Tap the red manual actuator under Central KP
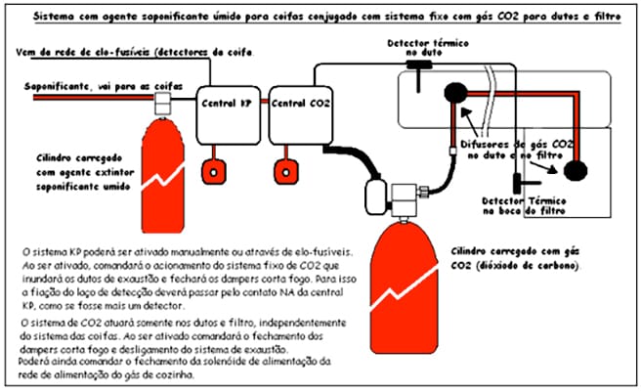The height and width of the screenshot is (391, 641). pos(211,168)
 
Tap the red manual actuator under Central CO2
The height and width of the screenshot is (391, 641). pos(286,168)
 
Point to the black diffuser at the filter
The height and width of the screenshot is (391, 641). pos(576,167)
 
